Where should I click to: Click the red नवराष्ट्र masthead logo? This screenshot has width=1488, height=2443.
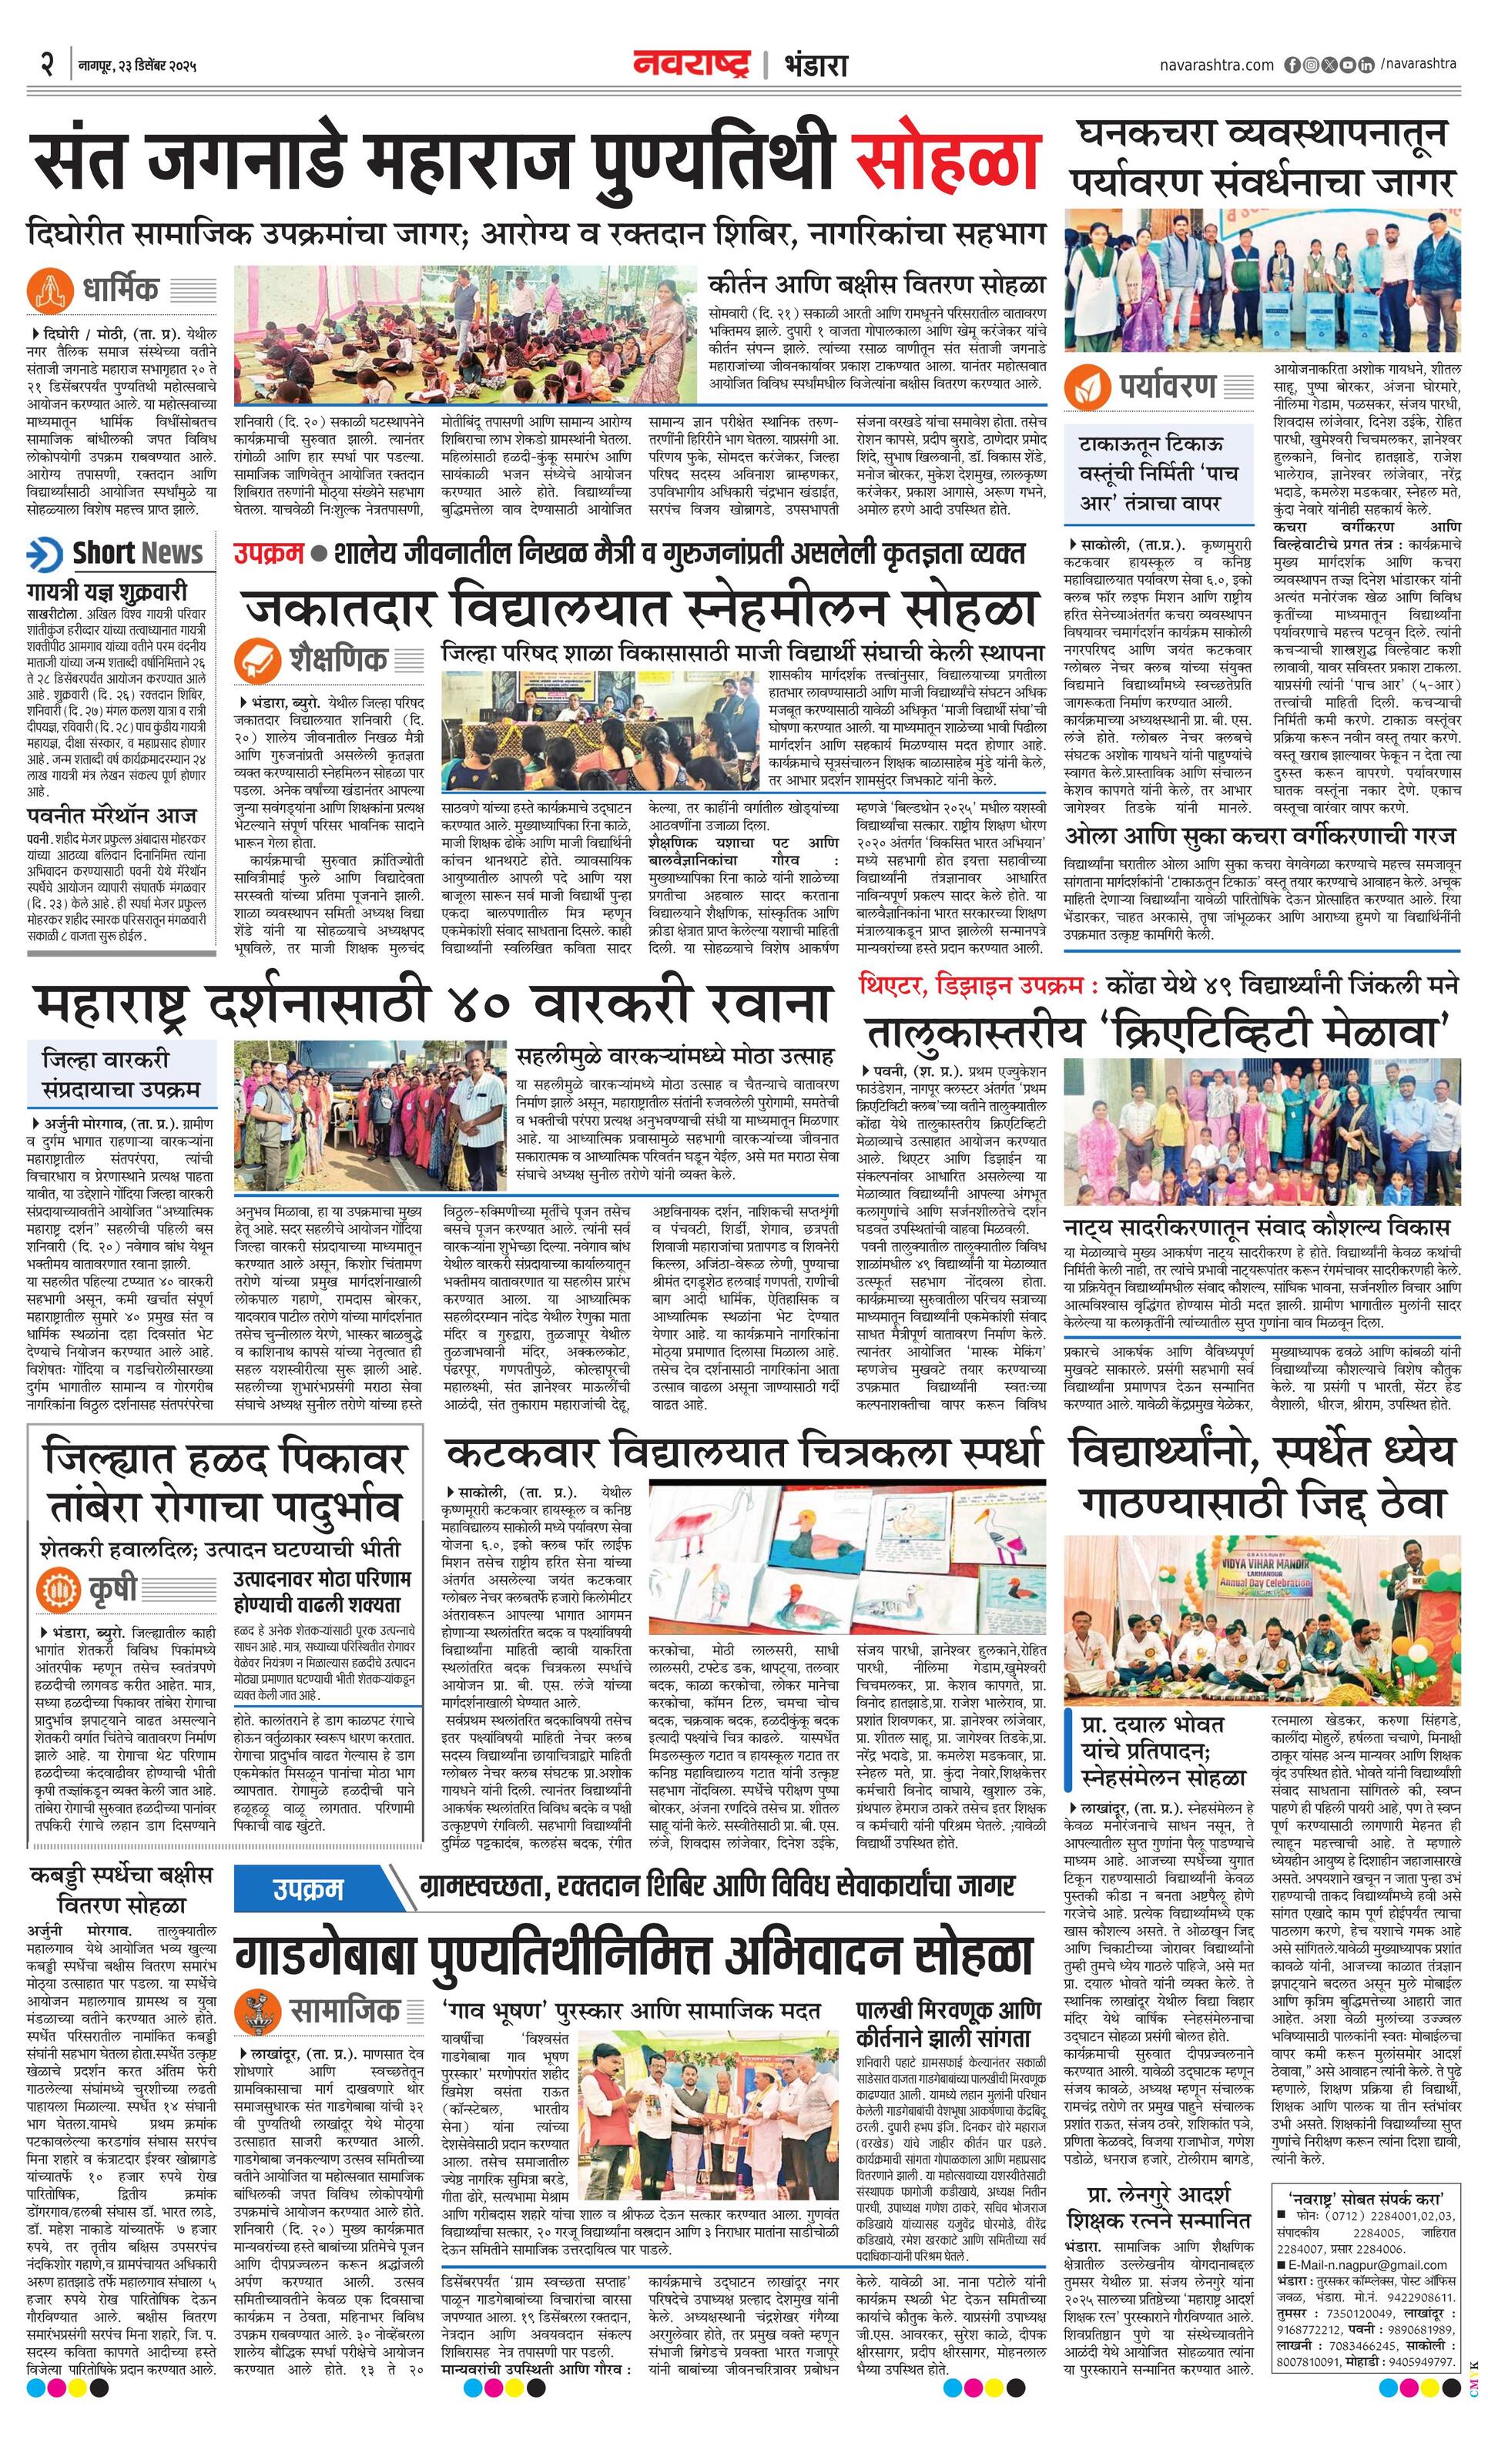pos(693,65)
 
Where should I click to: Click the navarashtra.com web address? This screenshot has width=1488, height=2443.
pos(1216,65)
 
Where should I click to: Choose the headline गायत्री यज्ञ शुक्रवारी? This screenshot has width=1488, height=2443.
pos(107,592)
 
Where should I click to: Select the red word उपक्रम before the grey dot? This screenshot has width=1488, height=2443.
pos(269,553)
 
